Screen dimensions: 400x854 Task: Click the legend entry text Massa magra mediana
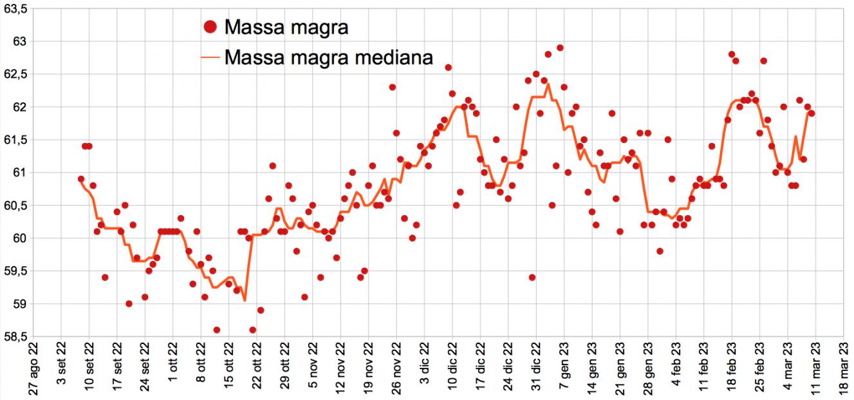pyautogui.click(x=328, y=57)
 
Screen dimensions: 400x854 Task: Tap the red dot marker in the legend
pyautogui.click(x=210, y=27)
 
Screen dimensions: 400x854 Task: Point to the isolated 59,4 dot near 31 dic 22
pyautogui.click(x=532, y=278)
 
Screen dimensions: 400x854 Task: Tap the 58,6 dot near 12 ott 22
pyautogui.click(x=217, y=330)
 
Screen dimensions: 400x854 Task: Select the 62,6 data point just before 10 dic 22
pyautogui.click(x=449, y=68)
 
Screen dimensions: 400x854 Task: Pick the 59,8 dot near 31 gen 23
pyautogui.click(x=660, y=251)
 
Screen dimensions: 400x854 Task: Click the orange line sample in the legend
pyautogui.click(x=210, y=57)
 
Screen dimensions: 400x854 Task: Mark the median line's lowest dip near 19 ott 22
pyautogui.click(x=245, y=300)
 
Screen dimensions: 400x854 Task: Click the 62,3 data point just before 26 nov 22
pyautogui.click(x=393, y=87)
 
